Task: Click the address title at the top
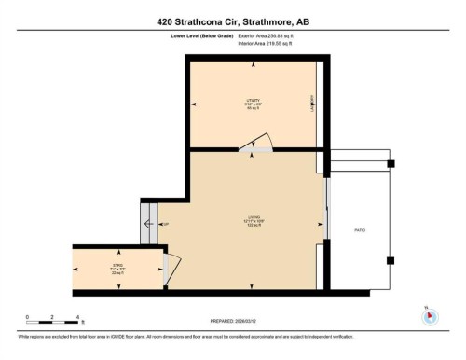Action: point(233,17)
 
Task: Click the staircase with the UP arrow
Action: point(149,224)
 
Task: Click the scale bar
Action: point(54,320)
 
